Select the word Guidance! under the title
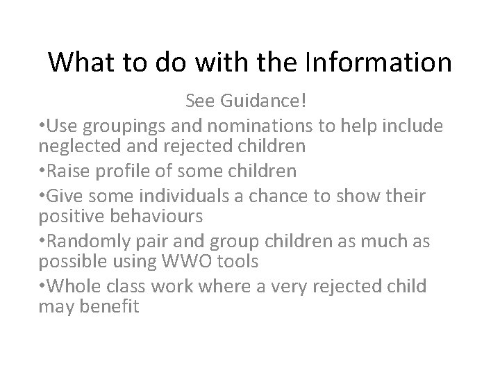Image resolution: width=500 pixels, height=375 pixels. (269, 102)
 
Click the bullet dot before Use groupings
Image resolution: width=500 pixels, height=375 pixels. (42, 126)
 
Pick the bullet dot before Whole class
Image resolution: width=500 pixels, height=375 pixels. (42, 285)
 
